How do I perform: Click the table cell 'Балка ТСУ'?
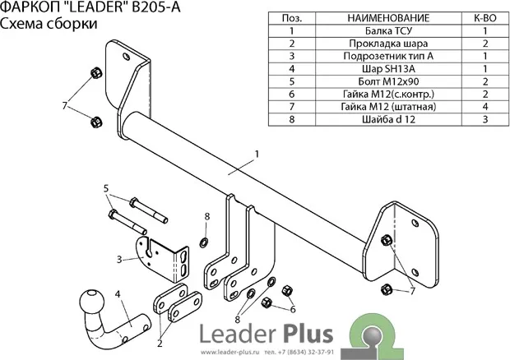[x=378, y=30]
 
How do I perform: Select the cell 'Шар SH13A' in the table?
[x=378, y=69]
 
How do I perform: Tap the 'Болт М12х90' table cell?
[x=378, y=82]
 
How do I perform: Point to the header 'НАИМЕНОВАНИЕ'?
[x=378, y=16]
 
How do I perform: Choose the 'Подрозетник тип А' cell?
[x=378, y=56]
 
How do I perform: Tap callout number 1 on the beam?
[x=257, y=154]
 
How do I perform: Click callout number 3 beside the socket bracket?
[x=119, y=260]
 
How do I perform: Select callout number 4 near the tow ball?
[x=118, y=293]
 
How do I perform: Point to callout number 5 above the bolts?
[x=106, y=188]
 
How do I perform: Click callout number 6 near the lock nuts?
[x=293, y=309]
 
